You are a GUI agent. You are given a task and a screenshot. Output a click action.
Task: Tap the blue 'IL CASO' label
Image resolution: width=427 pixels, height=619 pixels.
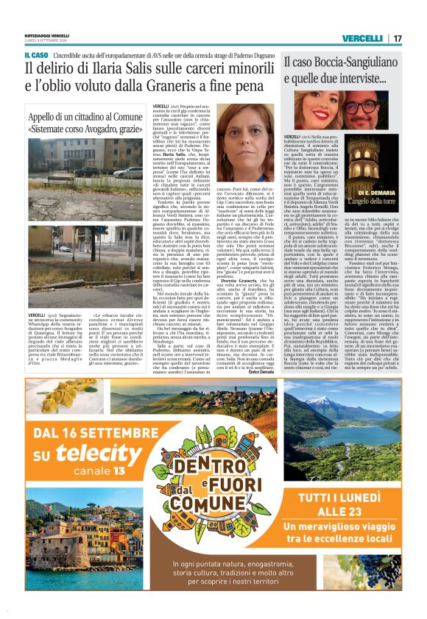(x=35, y=54)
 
